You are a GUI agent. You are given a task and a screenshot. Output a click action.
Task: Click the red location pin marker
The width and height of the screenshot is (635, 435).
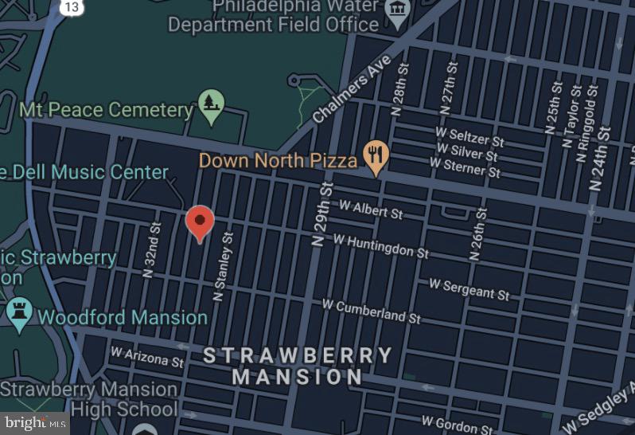pos(200,221)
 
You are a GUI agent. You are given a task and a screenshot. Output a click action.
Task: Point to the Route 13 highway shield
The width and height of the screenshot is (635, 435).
pos(72,7)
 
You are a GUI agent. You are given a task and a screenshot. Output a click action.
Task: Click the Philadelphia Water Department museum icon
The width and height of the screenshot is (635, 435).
pos(396,10)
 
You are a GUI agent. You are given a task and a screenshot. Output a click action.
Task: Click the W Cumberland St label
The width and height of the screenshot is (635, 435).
pos(371,311)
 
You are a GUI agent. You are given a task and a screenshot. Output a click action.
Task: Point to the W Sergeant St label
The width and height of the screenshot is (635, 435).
pos(469,288)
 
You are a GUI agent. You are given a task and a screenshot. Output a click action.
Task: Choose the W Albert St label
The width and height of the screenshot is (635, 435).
pos(371,209)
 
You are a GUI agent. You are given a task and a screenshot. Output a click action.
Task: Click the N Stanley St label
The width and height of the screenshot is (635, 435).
pos(223,267)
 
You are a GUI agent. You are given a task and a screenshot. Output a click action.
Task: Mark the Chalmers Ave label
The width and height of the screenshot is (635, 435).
pos(352,88)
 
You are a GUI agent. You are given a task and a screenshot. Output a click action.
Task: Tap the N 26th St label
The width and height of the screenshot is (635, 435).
pos(477,234)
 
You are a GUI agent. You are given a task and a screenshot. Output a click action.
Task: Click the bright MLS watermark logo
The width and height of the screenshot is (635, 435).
pos(34,423)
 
